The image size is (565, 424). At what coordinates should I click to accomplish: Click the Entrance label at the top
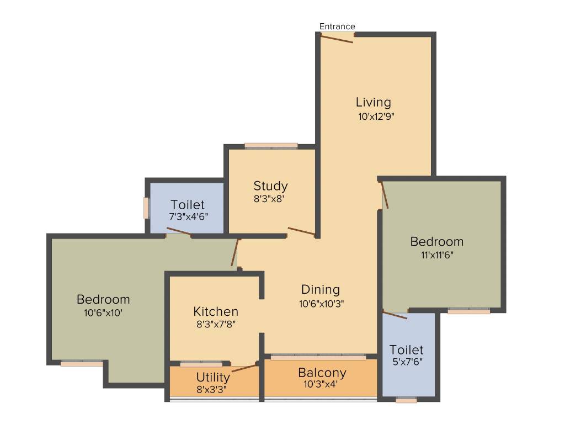coord(337,26)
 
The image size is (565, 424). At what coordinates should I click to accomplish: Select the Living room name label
coord(373,102)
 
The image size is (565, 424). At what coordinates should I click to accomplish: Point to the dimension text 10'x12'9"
coord(376,116)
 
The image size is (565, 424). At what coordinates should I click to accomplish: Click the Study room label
coord(270,185)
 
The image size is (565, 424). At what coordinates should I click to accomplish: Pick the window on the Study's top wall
coord(271,146)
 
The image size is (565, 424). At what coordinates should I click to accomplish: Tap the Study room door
coord(301,231)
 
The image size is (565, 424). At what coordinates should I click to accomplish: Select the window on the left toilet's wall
coord(146,208)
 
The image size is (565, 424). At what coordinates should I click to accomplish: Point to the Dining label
coord(320,289)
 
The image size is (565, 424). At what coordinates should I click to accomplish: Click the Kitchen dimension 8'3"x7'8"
coord(216,325)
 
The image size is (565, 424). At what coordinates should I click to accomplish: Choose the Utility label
coord(213,378)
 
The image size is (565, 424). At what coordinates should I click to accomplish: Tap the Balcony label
coord(322,373)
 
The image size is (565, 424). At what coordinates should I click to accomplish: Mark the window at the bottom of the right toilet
coord(406,400)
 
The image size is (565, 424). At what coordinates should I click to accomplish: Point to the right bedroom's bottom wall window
coord(468,311)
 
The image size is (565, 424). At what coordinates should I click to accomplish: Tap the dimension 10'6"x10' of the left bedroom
coord(103,312)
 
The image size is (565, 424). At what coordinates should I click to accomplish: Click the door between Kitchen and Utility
coord(244,368)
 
